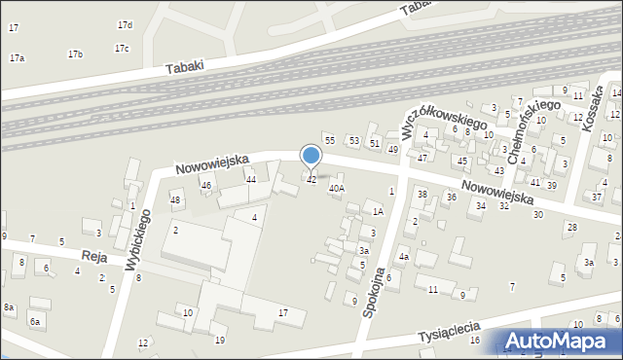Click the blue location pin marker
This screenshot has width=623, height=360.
click(x=311, y=156)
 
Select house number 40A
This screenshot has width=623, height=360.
click(x=337, y=189)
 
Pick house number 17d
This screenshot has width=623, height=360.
click(x=125, y=24)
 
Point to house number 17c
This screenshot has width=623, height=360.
click(x=122, y=48)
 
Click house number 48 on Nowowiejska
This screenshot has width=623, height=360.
click(x=175, y=200)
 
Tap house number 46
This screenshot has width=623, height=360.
click(x=206, y=185)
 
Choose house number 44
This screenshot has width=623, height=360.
click(x=251, y=179)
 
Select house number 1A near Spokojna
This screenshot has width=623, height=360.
click(x=378, y=211)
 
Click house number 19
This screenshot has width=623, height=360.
click(x=220, y=340)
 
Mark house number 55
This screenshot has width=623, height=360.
click(x=330, y=141)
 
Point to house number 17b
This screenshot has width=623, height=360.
click(x=75, y=54)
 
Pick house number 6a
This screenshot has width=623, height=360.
click(x=35, y=321)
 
